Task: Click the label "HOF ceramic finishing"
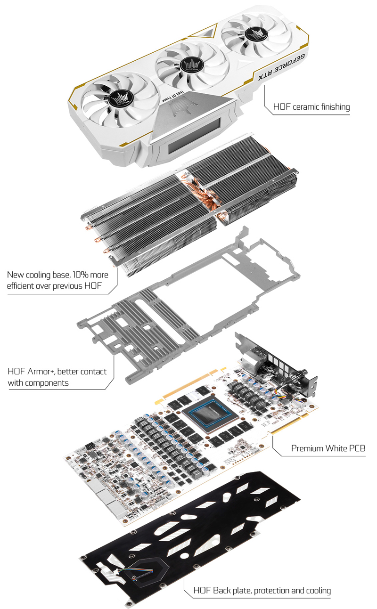(x=311, y=107)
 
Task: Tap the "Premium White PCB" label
(x=328, y=448)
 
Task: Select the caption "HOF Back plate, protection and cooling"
(x=262, y=590)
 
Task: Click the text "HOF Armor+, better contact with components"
(x=57, y=377)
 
